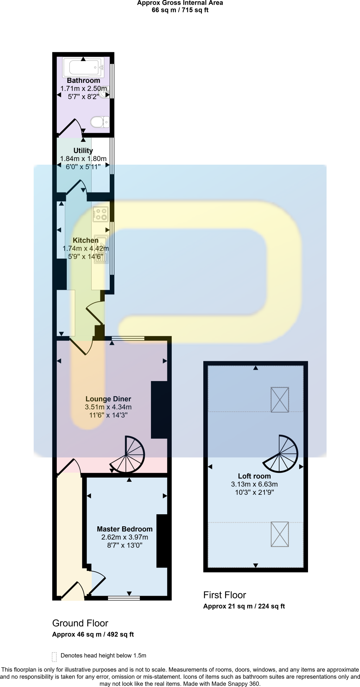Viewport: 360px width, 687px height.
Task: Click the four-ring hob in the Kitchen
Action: pyautogui.click(x=101, y=214)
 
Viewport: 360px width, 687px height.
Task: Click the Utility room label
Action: pyautogui.click(x=83, y=151)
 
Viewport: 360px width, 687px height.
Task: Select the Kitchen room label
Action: pyautogui.click(x=86, y=240)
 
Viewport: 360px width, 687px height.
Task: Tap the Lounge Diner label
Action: pyautogui.click(x=108, y=399)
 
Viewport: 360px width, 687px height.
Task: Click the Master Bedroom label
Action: pyautogui.click(x=124, y=529)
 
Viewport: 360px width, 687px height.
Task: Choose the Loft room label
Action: pyautogui.click(x=254, y=476)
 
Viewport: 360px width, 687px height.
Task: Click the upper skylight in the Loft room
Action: pyautogui.click(x=279, y=400)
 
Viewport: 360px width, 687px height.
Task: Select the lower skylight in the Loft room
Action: pyautogui.click(x=279, y=534)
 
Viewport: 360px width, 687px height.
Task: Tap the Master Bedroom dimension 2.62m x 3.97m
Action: pyautogui.click(x=124, y=537)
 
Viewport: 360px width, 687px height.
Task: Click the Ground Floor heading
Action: pyautogui.click(x=80, y=623)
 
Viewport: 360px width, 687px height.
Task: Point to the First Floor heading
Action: pyautogui.click(x=224, y=595)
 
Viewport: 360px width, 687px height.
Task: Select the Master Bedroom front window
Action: pyautogui.click(x=124, y=598)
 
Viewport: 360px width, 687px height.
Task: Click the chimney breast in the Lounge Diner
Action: pyautogui.click(x=159, y=410)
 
